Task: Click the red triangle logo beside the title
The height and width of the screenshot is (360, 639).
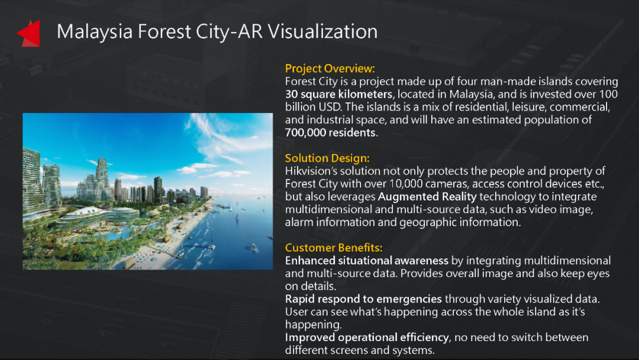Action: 29,33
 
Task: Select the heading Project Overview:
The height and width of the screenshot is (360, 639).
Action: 330,69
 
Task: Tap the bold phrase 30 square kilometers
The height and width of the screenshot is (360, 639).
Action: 338,94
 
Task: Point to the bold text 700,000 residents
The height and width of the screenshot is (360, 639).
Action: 330,133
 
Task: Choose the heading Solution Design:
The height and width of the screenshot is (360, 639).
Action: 327,158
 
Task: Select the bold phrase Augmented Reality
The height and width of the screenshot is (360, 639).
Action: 427,197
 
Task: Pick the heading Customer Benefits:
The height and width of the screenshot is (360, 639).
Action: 333,247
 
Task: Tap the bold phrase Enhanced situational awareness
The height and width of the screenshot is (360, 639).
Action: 366,261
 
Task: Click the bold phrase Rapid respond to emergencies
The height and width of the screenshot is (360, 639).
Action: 363,299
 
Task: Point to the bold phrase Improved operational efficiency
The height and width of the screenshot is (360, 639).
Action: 367,337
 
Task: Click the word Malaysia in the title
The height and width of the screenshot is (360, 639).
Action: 95,32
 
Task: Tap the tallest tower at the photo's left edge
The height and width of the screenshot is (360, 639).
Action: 32,179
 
